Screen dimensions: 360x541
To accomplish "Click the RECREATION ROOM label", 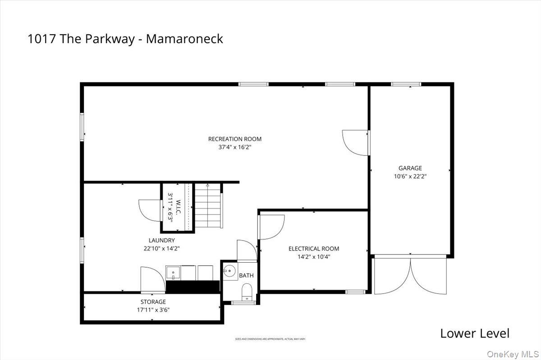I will click(234, 139).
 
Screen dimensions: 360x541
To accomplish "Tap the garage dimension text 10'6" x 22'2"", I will click(410, 177).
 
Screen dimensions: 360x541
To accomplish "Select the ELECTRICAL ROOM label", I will click(314, 249).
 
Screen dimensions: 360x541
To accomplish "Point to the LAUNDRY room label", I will click(161, 241).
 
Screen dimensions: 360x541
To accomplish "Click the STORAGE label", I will click(153, 302).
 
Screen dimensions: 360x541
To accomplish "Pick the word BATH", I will click(246, 275).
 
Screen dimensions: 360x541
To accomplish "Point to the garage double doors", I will click(410, 275).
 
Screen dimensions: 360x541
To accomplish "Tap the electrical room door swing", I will click(271, 227).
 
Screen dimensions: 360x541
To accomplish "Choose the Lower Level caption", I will click(474, 333).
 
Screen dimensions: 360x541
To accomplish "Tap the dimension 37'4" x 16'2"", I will click(234, 147).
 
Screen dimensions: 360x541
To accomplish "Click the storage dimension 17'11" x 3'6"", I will click(153, 310).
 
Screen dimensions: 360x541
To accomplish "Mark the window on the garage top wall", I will click(406, 84).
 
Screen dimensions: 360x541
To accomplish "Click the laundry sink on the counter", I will click(173, 273).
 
